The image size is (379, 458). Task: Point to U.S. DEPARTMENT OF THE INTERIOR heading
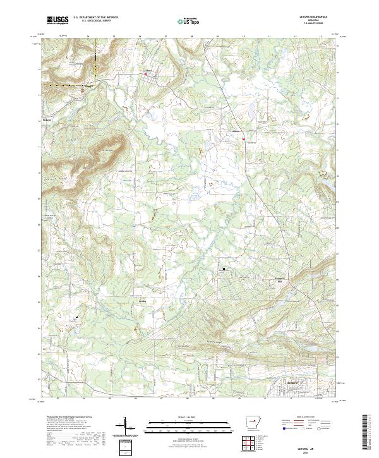click(x=95, y=18)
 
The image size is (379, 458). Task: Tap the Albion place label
click(x=236, y=131)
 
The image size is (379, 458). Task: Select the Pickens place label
click(x=46, y=118)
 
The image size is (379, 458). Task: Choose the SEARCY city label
click(x=291, y=382)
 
